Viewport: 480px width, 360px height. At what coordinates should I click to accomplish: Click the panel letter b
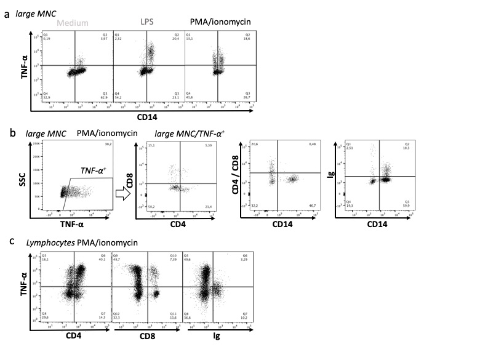[x=7, y=133]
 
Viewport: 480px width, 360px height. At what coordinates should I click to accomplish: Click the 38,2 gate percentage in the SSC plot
[x=110, y=144]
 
